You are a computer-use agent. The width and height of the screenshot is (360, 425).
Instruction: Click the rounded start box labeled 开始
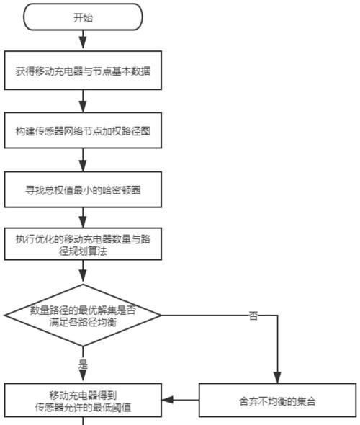83,17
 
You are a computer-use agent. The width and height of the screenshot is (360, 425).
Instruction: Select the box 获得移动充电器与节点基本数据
83,70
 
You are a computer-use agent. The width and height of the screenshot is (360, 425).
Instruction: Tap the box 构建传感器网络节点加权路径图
83,130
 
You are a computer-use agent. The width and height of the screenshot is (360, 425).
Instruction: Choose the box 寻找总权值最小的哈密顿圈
83,189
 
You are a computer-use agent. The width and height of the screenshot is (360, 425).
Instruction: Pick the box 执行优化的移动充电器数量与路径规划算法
83,244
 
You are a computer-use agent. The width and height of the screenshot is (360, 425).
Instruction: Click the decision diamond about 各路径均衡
83,316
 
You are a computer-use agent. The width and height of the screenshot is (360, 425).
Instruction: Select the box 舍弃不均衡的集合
277,400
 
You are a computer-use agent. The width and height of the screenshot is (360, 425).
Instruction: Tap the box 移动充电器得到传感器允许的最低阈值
83,400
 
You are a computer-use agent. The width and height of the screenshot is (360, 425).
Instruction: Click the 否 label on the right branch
253,316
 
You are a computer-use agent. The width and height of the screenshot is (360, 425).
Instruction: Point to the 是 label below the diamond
83,364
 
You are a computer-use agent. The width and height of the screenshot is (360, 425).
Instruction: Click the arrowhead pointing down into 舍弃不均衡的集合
277,377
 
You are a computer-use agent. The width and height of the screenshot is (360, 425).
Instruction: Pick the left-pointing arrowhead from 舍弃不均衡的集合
168,400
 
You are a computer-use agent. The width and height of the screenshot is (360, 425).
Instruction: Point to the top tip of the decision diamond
83,284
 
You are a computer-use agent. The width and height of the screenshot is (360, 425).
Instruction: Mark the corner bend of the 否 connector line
277,316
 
